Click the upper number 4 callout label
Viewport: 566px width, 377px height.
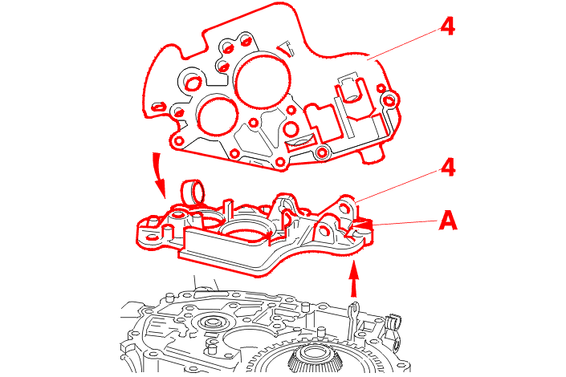(x=447, y=26)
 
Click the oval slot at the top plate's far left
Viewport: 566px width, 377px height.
(x=158, y=106)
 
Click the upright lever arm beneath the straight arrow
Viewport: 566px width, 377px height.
(x=350, y=316)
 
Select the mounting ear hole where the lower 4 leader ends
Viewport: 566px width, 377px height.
(x=345, y=208)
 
